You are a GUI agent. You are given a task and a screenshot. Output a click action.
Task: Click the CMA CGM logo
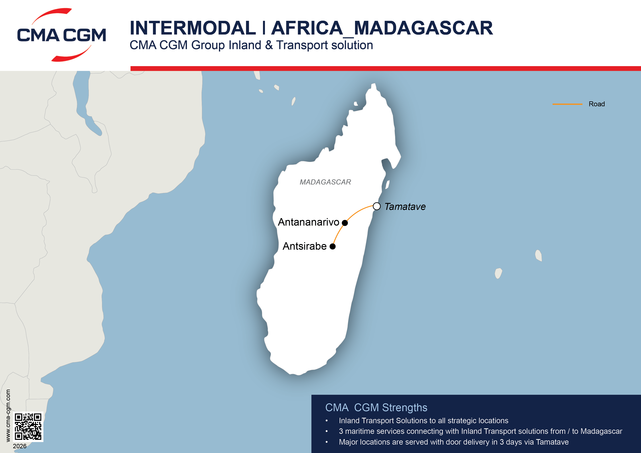pyautogui.click(x=61, y=35)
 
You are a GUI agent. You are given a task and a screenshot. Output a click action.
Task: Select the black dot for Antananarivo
pyautogui.click(x=345, y=223)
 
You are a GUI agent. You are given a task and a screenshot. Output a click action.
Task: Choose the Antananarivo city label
pyautogui.click(x=308, y=222)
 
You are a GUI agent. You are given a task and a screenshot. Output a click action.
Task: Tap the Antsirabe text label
pyautogui.click(x=305, y=246)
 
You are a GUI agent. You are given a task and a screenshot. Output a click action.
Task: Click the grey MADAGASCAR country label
pyautogui.click(x=325, y=182)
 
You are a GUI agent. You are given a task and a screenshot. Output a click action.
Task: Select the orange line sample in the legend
pyautogui.click(x=567, y=104)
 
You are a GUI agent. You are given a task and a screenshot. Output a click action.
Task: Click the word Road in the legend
pyautogui.click(x=597, y=104)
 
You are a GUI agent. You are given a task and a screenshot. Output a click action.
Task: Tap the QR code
pyautogui.click(x=28, y=427)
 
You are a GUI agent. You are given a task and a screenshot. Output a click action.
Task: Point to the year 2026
pyautogui.click(x=20, y=446)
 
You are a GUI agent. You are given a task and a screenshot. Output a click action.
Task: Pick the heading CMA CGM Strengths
pyautogui.click(x=376, y=408)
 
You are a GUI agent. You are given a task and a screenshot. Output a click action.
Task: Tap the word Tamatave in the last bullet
pyautogui.click(x=552, y=442)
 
